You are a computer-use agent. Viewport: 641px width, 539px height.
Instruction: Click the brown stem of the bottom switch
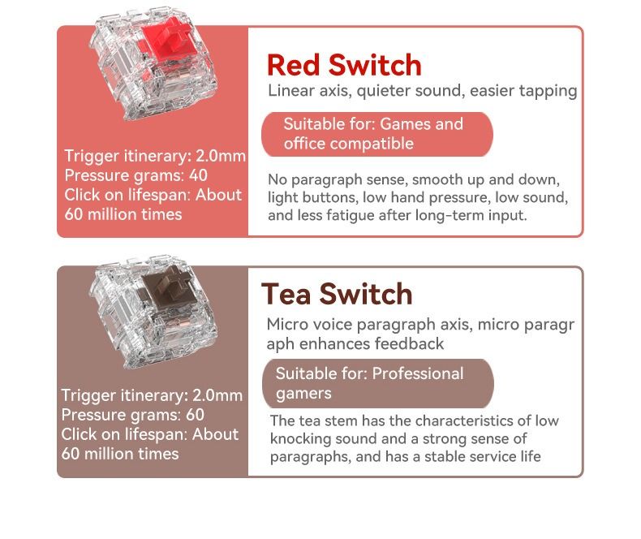coord(166,287)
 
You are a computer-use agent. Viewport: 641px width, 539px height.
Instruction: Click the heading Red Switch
coord(344,65)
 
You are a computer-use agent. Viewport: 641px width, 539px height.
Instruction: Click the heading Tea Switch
coord(337,294)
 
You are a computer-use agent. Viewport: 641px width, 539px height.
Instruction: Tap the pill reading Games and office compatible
coord(377,134)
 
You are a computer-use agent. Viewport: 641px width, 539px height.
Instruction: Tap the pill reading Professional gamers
coord(378,383)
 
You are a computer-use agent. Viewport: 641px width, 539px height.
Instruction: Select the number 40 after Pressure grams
coord(198,175)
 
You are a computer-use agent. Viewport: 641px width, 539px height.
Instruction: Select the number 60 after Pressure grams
coord(195,415)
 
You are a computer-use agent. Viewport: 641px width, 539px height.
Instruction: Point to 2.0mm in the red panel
coord(221,156)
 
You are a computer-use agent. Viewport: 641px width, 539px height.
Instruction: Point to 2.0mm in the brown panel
coord(217,395)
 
